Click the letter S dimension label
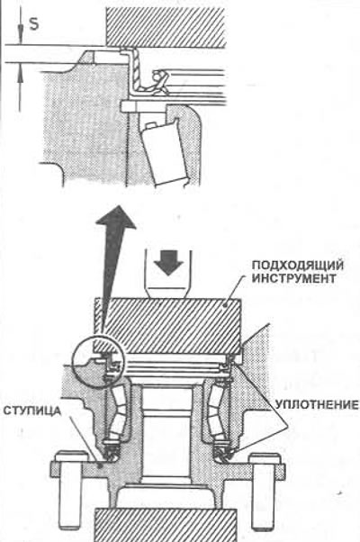[x=34, y=24]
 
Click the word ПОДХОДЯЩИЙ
[x=298, y=266]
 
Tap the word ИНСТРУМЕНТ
[x=293, y=278]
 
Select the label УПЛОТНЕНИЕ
[x=317, y=405]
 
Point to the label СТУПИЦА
[x=32, y=411]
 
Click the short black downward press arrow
[x=168, y=263]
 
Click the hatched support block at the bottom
[x=166, y=525]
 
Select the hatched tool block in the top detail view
[x=166, y=28]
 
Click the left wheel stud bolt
[x=70, y=490]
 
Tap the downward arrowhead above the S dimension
[x=21, y=37]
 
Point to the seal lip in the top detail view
[x=158, y=82]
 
